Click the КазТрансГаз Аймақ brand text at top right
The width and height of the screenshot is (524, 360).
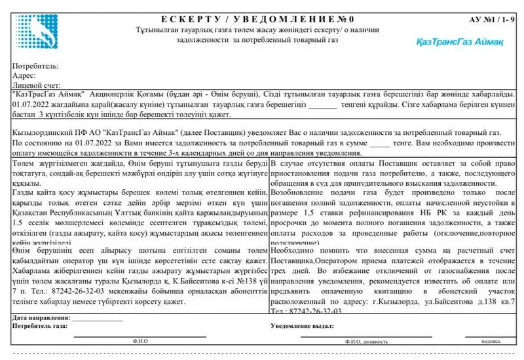(449, 41)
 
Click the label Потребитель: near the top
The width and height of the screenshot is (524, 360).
(35, 65)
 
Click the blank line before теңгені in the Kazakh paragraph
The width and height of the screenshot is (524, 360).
(322, 105)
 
